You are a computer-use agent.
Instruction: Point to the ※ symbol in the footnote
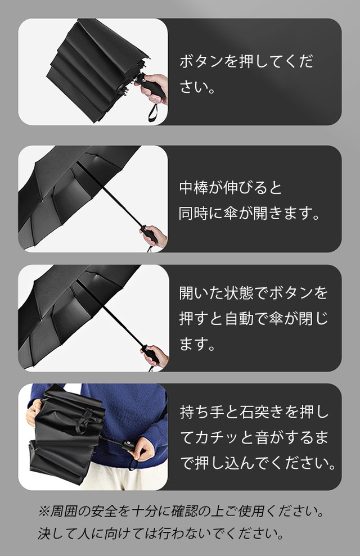coord(44,512)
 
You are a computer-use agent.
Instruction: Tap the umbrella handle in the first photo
coord(154,87)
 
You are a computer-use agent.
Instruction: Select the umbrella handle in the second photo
coord(150,234)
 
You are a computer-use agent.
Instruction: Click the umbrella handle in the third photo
coord(150,354)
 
